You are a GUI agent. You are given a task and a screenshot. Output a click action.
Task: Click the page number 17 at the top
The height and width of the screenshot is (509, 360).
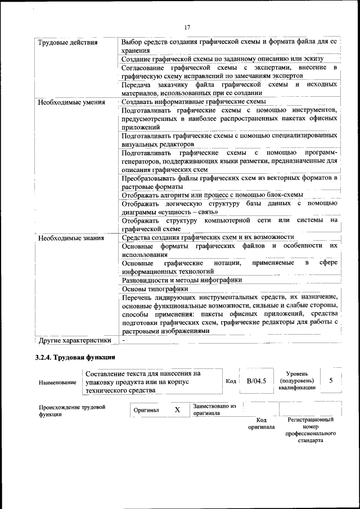187,26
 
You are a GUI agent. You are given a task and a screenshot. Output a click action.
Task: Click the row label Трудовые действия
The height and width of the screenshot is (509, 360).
67,42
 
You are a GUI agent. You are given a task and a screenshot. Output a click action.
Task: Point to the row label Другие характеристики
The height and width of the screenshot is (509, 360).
74,340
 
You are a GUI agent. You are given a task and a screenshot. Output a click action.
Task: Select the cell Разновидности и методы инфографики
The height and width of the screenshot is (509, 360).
182,280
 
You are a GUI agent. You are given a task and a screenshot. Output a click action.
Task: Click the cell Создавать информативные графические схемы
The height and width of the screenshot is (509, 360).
193,102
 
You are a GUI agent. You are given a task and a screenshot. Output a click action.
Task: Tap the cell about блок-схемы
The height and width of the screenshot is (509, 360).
213,195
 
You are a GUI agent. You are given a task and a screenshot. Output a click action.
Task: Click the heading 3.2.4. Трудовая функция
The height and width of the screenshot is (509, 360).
75,357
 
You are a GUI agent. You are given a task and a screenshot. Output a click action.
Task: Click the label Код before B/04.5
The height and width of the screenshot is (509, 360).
231,381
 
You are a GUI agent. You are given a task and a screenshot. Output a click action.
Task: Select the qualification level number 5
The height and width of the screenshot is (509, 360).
331,381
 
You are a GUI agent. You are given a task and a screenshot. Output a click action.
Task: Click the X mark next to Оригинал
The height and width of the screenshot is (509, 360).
177,410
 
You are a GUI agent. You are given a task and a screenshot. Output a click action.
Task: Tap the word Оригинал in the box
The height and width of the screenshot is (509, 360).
146,410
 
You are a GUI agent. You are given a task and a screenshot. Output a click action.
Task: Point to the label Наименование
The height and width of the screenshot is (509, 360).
58,382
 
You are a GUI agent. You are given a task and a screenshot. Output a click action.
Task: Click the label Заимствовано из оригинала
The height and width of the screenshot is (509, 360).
214,409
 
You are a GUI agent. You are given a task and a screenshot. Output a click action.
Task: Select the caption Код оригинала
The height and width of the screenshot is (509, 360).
261,423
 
